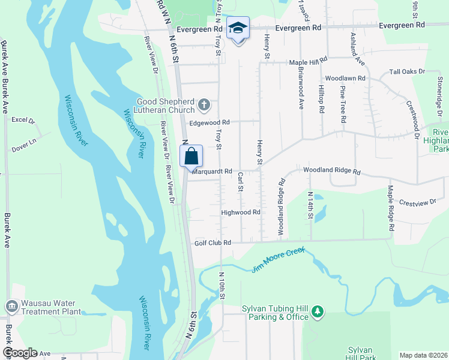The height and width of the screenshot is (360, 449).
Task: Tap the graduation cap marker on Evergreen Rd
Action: point(238,28)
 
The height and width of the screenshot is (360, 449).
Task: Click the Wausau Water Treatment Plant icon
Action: point(11,307)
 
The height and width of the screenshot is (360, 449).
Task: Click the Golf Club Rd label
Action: point(212,243)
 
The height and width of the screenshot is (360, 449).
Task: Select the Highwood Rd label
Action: point(240,212)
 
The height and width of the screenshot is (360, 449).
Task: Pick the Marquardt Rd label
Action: point(212,171)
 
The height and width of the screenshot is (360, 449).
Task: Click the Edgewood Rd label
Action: point(209,122)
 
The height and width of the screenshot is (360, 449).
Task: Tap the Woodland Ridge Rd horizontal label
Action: point(331,171)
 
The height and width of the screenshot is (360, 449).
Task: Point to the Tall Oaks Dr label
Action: point(407,71)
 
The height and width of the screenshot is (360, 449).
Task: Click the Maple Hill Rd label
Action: point(308,61)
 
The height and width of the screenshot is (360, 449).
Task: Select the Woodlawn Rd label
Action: point(345,79)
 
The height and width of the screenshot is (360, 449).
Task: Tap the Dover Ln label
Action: point(25,141)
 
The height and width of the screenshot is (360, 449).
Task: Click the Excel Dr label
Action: point(23,120)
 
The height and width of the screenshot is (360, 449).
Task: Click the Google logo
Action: point(20,353)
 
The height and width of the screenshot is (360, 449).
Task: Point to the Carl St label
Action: point(240,182)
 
